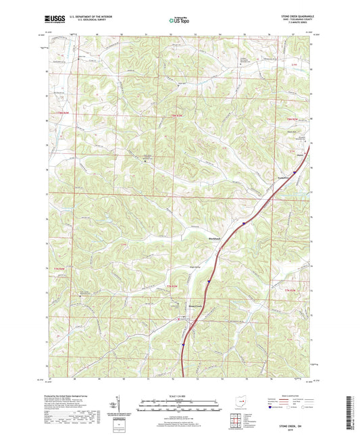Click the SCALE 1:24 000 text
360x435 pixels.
coord(179,395)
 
